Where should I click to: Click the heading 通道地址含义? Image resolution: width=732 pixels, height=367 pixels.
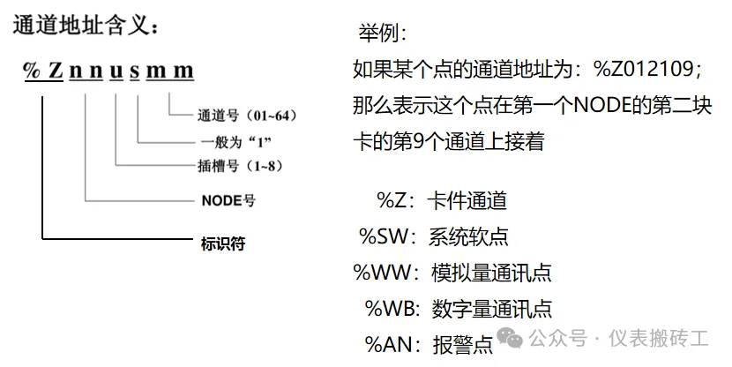pos(86,26)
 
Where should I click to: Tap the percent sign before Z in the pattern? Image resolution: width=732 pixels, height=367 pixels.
pos(33,71)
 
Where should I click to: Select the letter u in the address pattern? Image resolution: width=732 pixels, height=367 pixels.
pos(116,71)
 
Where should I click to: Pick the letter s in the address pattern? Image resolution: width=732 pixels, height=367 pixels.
pos(134,71)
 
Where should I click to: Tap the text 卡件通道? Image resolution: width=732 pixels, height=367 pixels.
pos(467,201)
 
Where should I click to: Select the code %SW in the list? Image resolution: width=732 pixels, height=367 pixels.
pos(384,236)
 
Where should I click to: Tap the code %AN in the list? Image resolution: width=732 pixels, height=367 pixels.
pos(389,344)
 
